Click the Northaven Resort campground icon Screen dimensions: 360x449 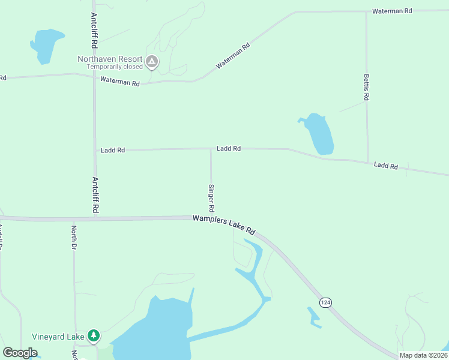coord(152,61)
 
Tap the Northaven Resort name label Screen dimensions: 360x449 coord(110,59)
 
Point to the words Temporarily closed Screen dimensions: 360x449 coord(114,67)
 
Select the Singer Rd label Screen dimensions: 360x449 coord(211,198)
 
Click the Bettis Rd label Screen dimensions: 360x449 coord(366,88)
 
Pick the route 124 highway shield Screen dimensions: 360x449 coord(325,302)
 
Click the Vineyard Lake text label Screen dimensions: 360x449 coord(58,337)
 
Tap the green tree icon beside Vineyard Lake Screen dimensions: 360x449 coord(93,336)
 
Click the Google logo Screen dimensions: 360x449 coord(20,353)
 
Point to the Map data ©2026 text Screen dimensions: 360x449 coord(423,355)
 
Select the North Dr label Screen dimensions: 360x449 coord(74,238)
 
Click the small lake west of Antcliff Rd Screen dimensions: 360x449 coord(46,44)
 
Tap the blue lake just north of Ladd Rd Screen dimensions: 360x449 coord(319,134)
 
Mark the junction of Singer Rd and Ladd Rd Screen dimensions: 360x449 coord(211,149)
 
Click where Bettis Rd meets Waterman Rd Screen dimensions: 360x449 coord(366,11)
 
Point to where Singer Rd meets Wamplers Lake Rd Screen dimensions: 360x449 coord(211,217)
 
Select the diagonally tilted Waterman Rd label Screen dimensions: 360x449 coord(233,55)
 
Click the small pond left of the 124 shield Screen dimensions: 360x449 coord(314,317)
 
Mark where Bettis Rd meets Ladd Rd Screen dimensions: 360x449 coord(367,162)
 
